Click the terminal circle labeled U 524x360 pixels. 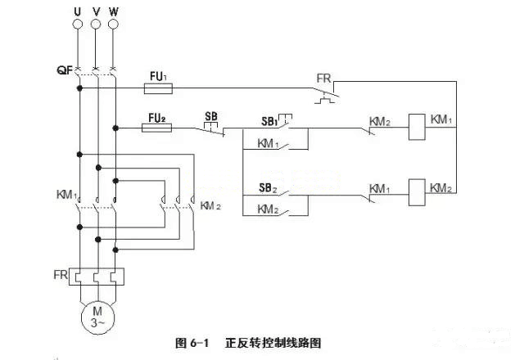[x=79, y=25]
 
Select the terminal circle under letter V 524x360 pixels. [x=96, y=25]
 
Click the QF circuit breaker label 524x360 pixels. [x=65, y=70]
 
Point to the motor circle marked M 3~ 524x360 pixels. [x=97, y=316]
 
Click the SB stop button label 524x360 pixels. [x=210, y=115]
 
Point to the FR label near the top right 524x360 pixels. [x=324, y=79]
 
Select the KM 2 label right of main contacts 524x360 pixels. [x=211, y=205]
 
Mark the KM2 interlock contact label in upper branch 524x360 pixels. [x=380, y=121]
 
